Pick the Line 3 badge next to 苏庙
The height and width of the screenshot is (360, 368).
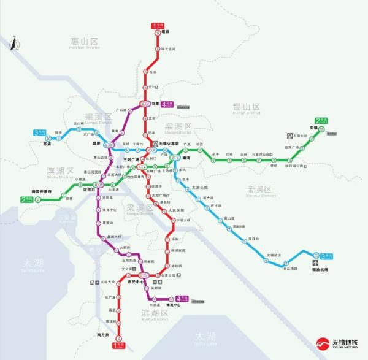[x=40, y=132]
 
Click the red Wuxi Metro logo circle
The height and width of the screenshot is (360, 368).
[x=320, y=343]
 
